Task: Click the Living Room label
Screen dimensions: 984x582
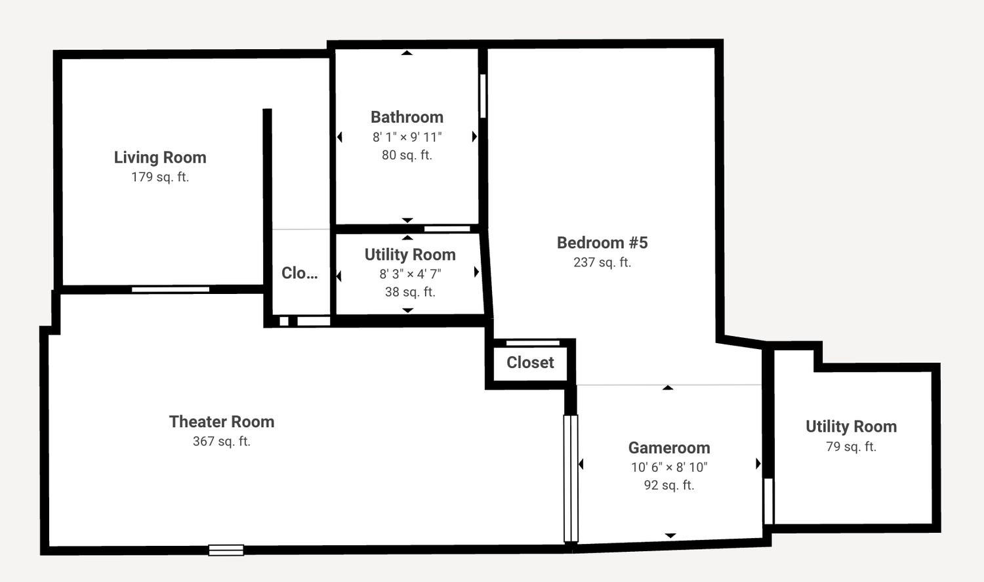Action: click(160, 157)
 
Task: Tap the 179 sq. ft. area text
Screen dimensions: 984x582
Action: click(160, 177)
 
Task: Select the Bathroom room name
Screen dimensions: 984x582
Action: click(407, 117)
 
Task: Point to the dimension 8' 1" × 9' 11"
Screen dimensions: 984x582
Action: click(407, 137)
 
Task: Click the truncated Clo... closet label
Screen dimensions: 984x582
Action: click(299, 273)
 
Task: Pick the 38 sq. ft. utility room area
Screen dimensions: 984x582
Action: click(410, 292)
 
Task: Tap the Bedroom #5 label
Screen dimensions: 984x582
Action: click(602, 243)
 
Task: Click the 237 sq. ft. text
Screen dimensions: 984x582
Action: click(602, 262)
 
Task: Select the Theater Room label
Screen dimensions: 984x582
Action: click(222, 422)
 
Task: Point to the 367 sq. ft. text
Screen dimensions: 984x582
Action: click(222, 441)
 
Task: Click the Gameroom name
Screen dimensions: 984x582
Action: click(669, 447)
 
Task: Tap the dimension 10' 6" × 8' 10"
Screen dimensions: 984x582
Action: click(669, 467)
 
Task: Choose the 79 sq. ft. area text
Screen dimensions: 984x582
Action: click(851, 446)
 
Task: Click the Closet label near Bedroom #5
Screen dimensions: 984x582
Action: click(530, 362)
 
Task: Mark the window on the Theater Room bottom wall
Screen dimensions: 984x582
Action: click(226, 550)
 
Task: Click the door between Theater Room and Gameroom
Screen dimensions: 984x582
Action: click(571, 478)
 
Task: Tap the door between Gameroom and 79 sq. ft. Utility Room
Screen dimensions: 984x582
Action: click(768, 501)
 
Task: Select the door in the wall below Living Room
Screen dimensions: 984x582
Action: click(171, 289)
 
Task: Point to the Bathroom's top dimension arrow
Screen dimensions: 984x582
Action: click(407, 52)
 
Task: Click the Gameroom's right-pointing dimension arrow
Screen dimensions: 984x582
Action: click(758, 463)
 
